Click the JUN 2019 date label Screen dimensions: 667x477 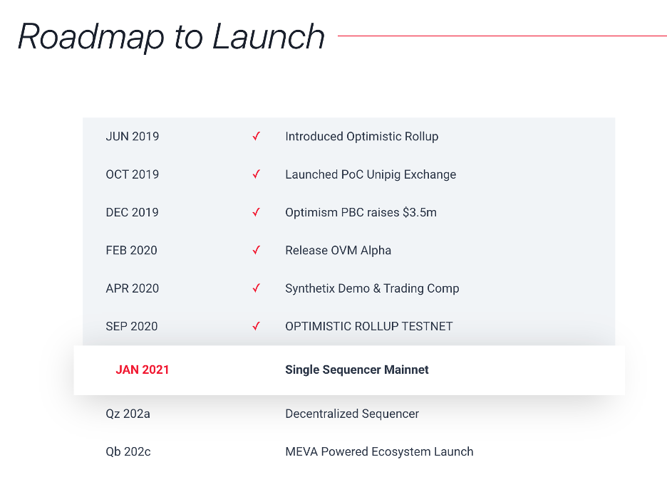[133, 137]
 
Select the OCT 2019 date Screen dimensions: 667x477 [133, 174]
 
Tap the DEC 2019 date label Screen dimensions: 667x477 [133, 212]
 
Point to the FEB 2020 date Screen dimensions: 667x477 [131, 251]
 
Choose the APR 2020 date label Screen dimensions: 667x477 [133, 288]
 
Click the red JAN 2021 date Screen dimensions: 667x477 [143, 369]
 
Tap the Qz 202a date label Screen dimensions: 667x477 [128, 414]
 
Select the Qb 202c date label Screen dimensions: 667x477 [128, 451]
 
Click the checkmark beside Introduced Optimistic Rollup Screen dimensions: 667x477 [256, 136]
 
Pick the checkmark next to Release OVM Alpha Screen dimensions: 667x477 [256, 250]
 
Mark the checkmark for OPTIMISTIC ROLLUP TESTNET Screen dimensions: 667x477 [256, 326]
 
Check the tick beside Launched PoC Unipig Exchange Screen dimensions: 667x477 [256, 174]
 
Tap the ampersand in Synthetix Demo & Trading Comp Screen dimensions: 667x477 [377, 288]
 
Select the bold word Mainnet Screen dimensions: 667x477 [406, 369]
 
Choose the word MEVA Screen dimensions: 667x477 [301, 451]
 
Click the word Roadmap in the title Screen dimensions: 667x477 [91, 38]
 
